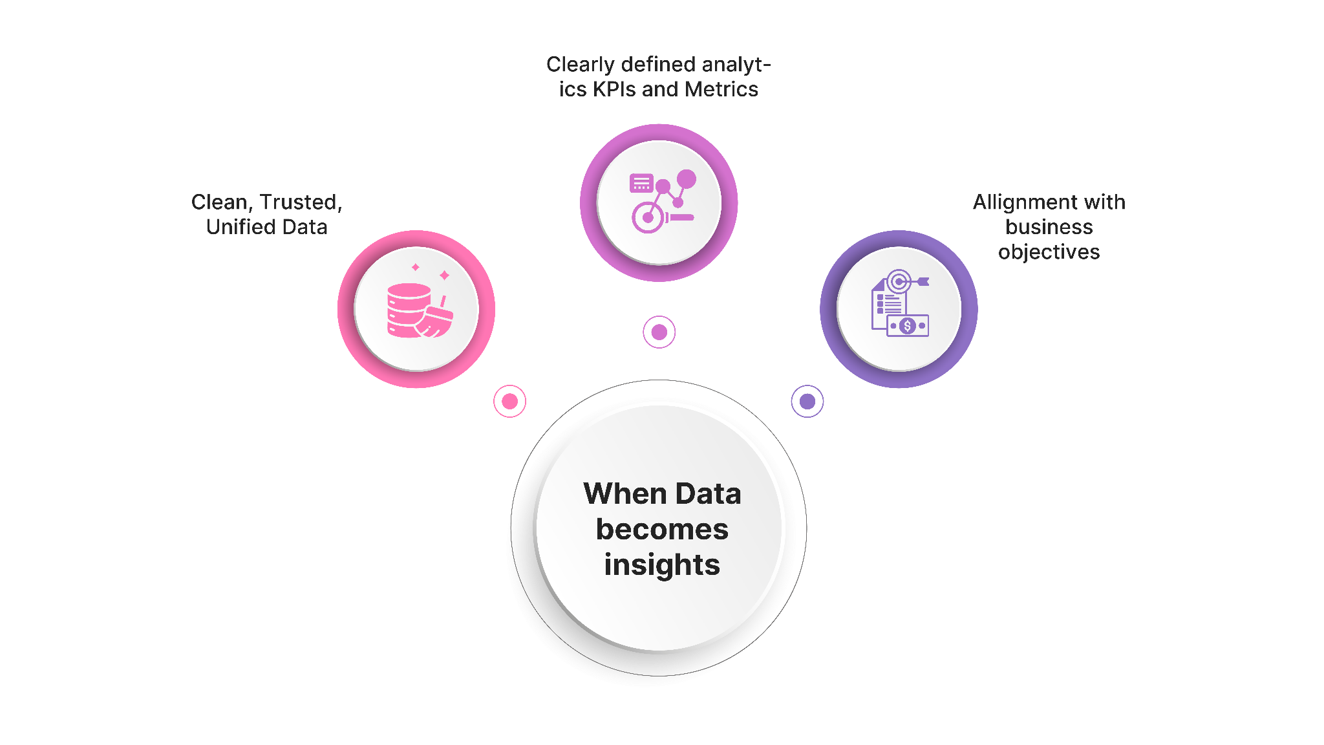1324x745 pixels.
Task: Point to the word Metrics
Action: click(x=721, y=89)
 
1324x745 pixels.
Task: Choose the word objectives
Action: click(x=1049, y=252)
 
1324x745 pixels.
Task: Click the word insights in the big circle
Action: click(x=662, y=565)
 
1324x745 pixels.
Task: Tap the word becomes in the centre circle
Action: click(x=662, y=529)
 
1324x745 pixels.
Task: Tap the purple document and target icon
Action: click(x=899, y=304)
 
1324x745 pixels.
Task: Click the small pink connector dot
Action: click(x=510, y=402)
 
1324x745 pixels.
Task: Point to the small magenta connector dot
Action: click(x=659, y=332)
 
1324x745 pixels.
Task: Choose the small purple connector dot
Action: click(x=807, y=402)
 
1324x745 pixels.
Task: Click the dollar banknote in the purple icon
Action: click(x=908, y=326)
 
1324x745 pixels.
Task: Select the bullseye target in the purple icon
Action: click(x=899, y=281)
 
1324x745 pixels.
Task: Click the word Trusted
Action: click(x=300, y=202)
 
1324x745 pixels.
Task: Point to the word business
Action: click(x=1049, y=227)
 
